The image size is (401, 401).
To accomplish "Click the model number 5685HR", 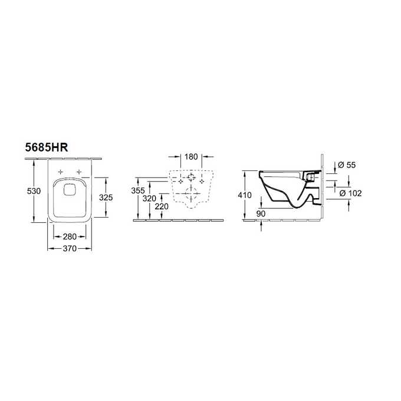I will pyautogui.click(x=50, y=149).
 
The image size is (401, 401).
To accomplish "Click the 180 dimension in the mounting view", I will pyautogui.click(x=191, y=157).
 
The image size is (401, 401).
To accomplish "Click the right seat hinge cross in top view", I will pyautogui.click(x=78, y=172).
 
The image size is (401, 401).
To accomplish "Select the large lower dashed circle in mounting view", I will pyautogui.click(x=191, y=191).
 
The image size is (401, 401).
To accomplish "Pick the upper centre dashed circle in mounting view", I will pyautogui.click(x=191, y=178).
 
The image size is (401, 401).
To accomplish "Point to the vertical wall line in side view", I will pyautogui.click(x=323, y=189).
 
